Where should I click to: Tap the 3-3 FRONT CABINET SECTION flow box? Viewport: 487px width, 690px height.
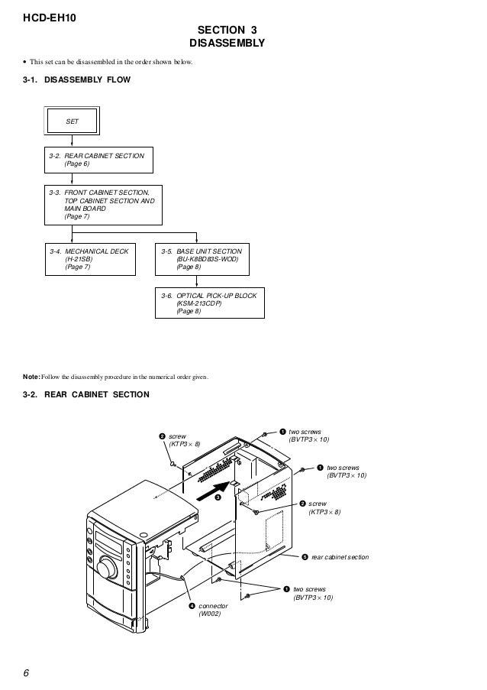tap(102, 204)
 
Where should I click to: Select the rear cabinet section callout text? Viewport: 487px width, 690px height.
tap(340, 557)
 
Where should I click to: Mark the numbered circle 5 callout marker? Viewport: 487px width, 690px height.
tap(305, 557)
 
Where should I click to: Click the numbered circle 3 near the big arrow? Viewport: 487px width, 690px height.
tap(217, 497)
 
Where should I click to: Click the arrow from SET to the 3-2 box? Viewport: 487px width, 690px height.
tap(71, 141)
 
